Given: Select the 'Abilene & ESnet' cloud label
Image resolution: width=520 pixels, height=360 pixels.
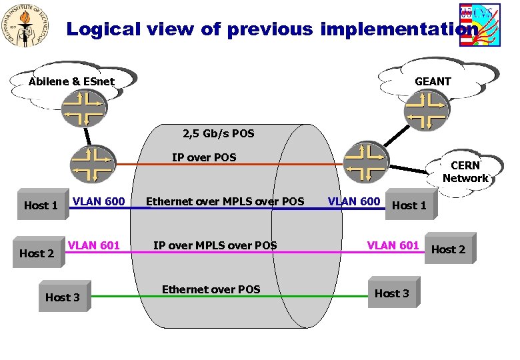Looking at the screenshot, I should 71,82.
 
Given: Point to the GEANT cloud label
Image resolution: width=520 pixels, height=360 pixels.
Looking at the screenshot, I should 433,81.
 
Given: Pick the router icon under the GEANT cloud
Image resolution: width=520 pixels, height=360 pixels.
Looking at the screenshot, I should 427,108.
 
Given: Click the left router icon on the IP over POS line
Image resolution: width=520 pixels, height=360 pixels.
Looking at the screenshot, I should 93,164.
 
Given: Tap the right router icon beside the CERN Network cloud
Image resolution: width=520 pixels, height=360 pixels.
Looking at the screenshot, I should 365,161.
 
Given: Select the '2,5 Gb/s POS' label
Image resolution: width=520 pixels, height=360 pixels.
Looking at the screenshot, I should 218,133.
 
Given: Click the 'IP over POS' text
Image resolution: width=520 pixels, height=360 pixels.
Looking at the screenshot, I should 204,157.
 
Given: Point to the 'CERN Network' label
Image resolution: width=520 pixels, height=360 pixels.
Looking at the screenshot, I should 465,172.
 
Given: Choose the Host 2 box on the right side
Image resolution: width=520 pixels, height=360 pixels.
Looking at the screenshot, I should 449,249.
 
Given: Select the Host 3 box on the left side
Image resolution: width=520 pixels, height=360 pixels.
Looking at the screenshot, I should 63,297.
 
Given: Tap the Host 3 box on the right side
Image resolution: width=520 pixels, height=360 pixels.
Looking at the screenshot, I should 393,293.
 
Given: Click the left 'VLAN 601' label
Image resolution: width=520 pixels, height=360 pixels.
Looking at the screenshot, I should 94,245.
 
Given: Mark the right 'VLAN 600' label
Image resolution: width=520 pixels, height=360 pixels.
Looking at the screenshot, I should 354,201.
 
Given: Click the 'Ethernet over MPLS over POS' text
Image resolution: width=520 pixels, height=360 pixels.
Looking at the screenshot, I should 225,201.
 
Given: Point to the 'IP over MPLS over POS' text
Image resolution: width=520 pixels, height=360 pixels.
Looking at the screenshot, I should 215,245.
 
